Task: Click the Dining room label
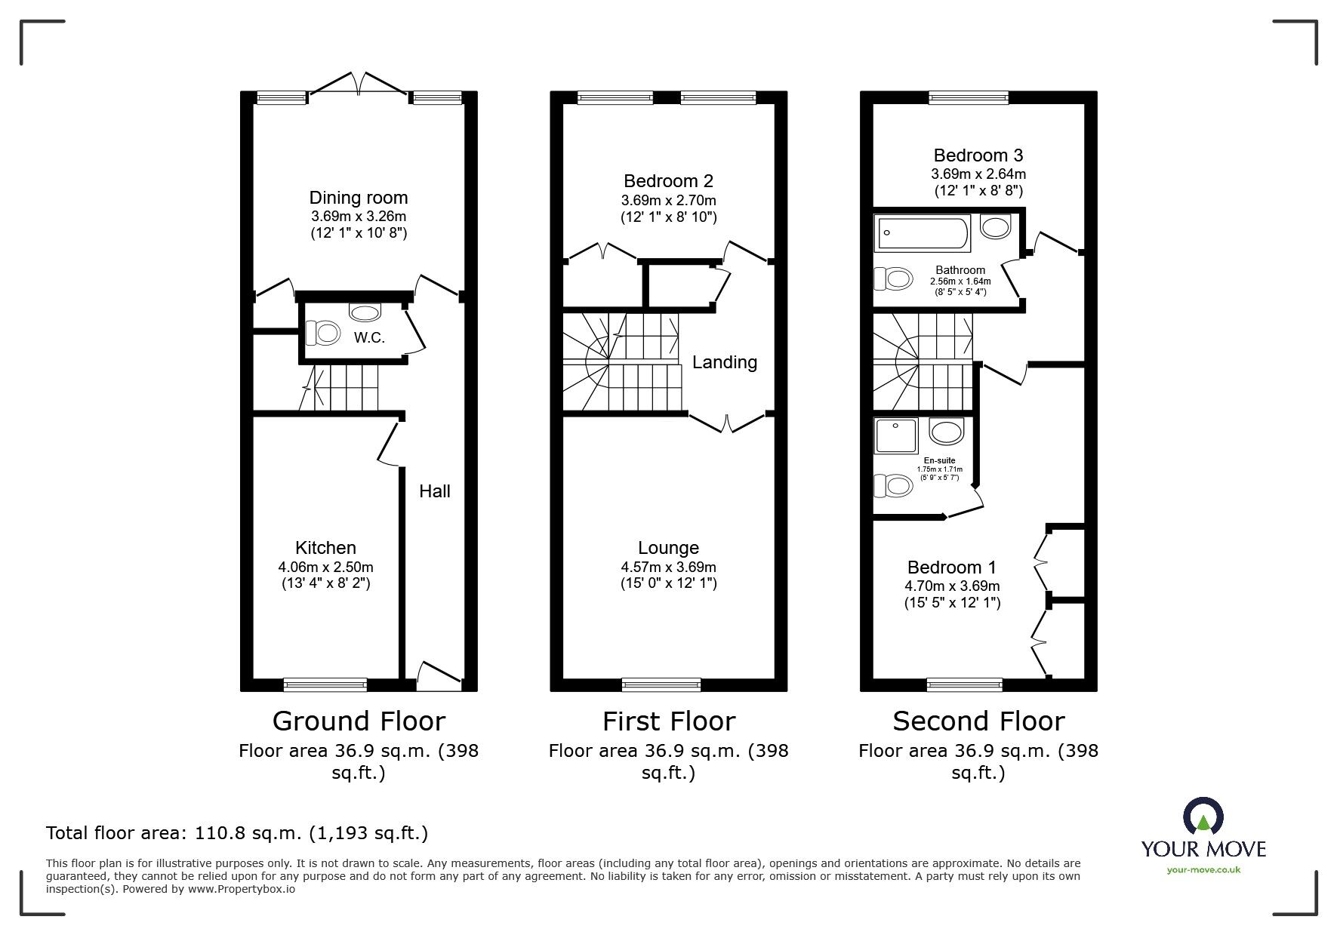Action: click(x=358, y=198)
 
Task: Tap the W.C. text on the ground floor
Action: click(x=369, y=338)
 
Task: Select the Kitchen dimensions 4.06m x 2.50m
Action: click(x=325, y=567)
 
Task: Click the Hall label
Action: click(x=434, y=491)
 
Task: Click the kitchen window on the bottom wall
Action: click(x=325, y=684)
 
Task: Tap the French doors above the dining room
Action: click(x=359, y=83)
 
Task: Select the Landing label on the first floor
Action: click(x=724, y=362)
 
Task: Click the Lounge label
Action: click(x=668, y=548)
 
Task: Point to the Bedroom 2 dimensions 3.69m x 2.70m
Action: click(x=668, y=200)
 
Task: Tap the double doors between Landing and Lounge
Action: click(x=728, y=423)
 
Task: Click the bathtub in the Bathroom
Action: click(x=922, y=234)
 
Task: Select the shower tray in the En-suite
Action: click(x=895, y=435)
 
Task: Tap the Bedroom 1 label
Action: click(x=951, y=567)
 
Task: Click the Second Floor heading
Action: click(x=978, y=721)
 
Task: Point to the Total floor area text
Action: click(x=237, y=833)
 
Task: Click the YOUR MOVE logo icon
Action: click(x=1203, y=817)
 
